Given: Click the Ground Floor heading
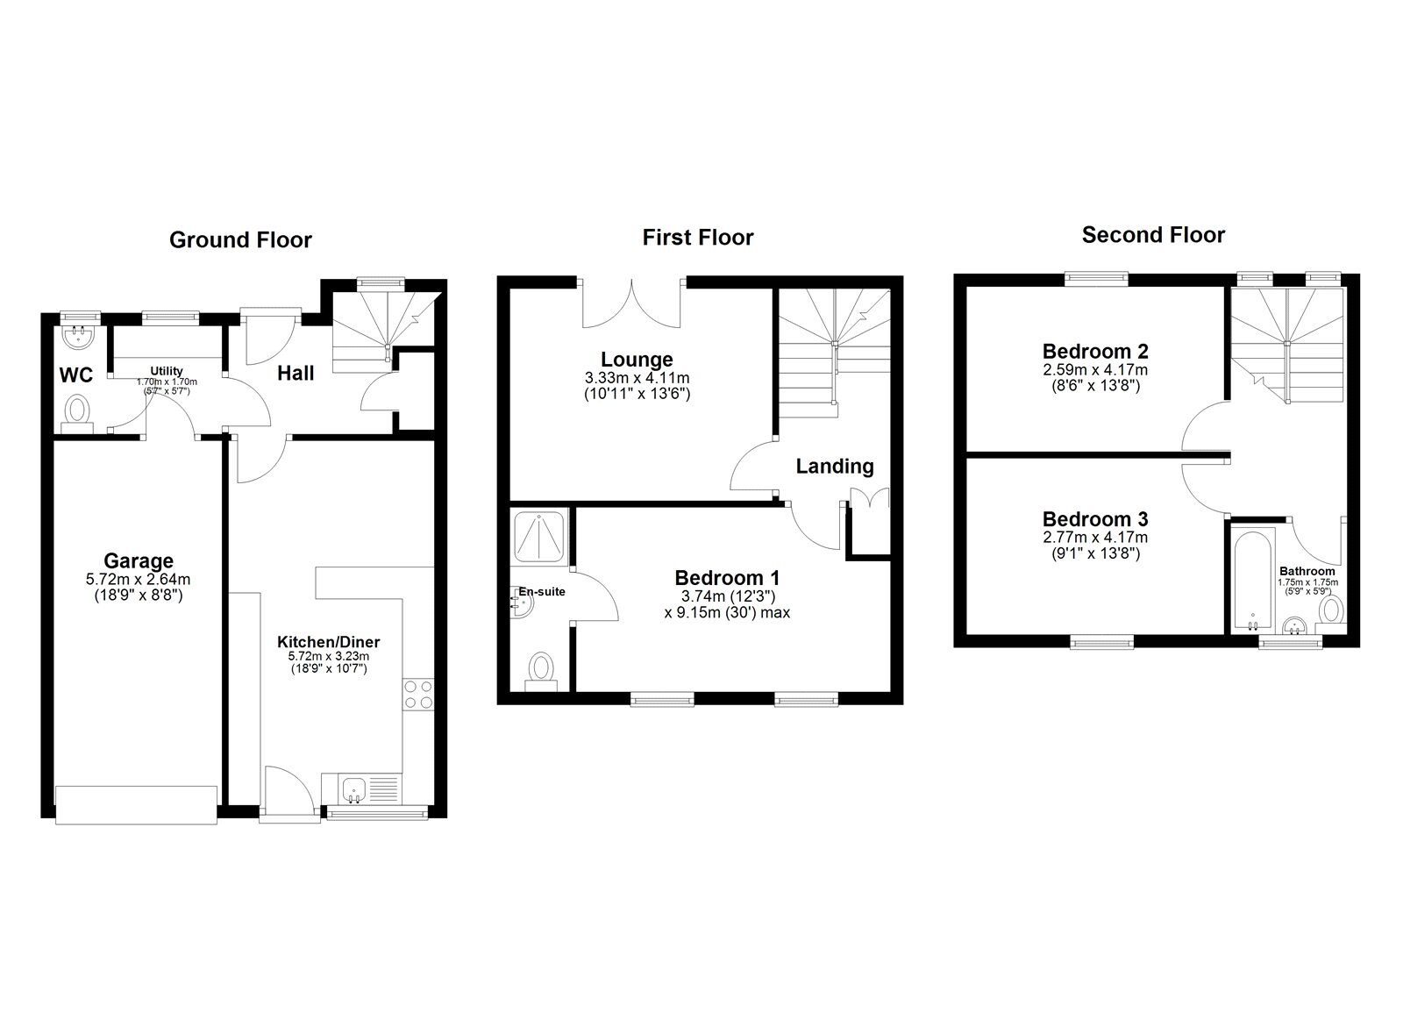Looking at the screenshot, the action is [240, 240].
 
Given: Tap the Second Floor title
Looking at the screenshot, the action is [1153, 235].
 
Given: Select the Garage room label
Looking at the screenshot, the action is [139, 560].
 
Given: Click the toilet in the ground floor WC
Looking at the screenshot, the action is [78, 413].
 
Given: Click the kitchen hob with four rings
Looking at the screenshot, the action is [417, 695].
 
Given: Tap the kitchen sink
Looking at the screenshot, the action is [354, 788].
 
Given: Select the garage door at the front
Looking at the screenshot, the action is [137, 805].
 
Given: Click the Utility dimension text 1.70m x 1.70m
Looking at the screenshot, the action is [167, 382].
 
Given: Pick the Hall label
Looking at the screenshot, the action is [296, 374].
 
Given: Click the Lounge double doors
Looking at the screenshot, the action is [632, 303].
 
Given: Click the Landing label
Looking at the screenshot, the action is [834, 466].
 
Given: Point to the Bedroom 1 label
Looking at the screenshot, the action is [727, 578].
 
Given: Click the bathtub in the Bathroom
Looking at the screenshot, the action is [1253, 579].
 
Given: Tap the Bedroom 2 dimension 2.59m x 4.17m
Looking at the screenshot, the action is [1095, 369].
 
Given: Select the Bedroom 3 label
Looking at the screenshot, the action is [1095, 519].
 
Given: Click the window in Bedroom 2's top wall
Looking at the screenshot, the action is [1097, 278].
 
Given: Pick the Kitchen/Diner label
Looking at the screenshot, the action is [329, 642].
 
